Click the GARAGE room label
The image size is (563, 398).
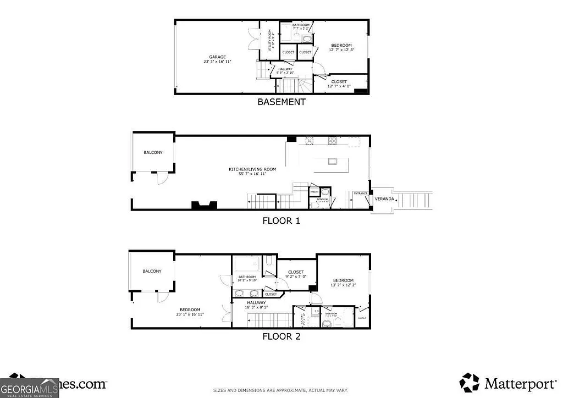(217, 57)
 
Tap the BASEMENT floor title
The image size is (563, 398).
(281, 102)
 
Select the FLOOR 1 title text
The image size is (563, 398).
(281, 221)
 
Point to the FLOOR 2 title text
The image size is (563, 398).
(281, 336)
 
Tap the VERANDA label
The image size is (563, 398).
(384, 198)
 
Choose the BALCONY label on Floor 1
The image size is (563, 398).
(153, 152)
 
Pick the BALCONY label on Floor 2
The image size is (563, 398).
(152, 271)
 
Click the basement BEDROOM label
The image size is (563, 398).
(341, 45)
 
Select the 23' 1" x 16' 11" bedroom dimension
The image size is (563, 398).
(190, 314)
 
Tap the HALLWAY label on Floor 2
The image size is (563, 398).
(256, 302)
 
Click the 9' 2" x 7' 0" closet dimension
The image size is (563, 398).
(296, 277)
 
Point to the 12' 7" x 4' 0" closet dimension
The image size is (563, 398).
(339, 86)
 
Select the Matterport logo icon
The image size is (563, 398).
(469, 382)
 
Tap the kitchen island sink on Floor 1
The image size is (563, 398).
(332, 162)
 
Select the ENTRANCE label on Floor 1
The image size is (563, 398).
(360, 194)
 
